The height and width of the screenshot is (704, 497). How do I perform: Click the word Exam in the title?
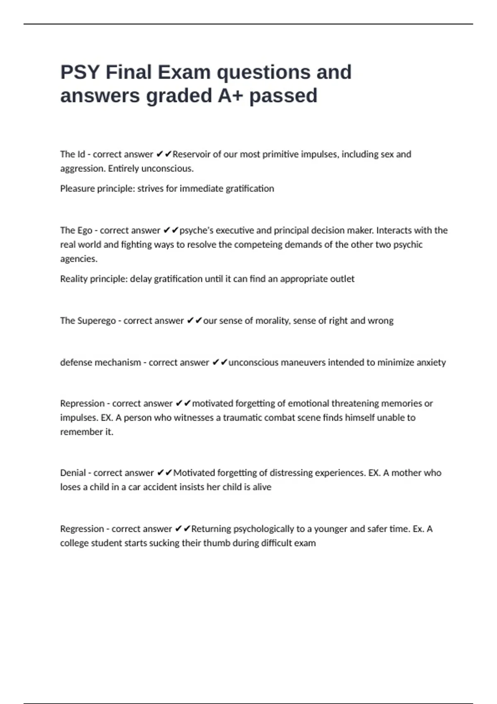184,72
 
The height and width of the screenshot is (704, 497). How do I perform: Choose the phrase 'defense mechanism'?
101,362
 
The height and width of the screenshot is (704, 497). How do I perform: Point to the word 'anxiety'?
431,362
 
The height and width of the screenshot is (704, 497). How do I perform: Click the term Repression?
82,403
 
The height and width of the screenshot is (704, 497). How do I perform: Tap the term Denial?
72,473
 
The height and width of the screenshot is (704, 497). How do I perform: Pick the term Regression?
82,529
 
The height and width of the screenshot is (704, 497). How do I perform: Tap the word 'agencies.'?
79,259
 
